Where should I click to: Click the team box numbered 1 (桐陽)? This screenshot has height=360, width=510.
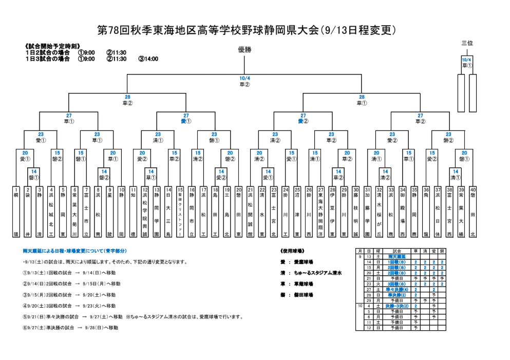(16, 212)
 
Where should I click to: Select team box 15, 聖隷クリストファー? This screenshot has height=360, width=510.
(180, 212)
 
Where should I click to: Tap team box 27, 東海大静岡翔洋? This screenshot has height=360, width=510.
(320, 212)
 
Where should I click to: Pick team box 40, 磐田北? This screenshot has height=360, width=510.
(473, 212)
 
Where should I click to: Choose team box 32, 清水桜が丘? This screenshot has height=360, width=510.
(380, 212)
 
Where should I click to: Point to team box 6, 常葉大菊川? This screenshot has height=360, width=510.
(75, 212)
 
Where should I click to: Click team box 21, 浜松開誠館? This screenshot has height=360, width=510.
(251, 212)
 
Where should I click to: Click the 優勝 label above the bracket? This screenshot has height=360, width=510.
(245, 49)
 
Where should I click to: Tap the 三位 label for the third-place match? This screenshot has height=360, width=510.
(467, 43)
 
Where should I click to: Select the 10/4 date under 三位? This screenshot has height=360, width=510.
(467, 60)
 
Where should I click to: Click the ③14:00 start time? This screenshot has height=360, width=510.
(148, 59)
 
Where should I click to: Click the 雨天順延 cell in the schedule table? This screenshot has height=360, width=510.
(396, 256)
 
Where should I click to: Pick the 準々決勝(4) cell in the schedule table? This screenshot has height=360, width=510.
(396, 289)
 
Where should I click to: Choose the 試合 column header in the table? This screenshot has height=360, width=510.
(396, 251)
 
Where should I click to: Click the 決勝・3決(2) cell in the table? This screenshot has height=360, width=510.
(396, 306)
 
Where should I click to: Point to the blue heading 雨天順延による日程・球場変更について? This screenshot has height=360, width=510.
(74, 251)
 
